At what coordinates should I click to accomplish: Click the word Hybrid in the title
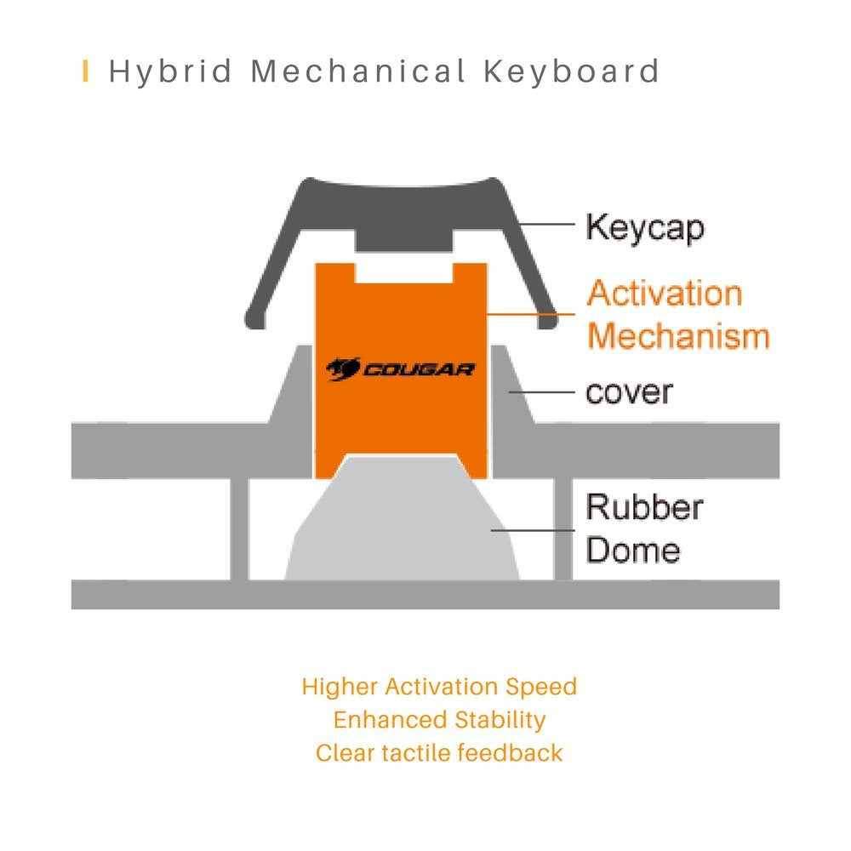(170, 72)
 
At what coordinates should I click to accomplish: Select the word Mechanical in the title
(358, 71)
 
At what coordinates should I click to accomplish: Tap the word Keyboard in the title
(572, 71)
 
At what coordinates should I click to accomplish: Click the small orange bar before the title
(85, 71)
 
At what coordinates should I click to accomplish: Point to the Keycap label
(645, 228)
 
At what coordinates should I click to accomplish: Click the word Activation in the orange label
(665, 293)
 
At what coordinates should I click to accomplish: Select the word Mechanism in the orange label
(678, 335)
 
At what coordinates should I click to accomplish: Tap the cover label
(629, 391)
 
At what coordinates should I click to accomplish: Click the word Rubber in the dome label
(645, 507)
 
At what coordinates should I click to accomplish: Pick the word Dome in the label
(633, 550)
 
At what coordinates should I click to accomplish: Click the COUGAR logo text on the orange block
(419, 370)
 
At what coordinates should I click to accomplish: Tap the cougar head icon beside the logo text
(343, 369)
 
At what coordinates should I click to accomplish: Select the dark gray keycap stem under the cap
(403, 239)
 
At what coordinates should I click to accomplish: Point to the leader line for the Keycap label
(546, 224)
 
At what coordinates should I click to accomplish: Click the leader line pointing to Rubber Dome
(533, 530)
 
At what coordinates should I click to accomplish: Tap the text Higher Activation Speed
(439, 687)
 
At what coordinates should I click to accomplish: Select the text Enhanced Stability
(439, 720)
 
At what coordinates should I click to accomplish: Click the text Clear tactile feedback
(439, 753)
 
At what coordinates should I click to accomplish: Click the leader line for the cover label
(541, 391)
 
